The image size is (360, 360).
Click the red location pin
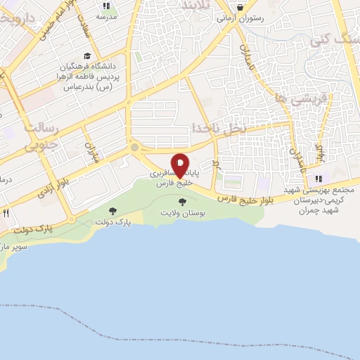(x=180, y=165)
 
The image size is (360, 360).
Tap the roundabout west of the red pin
(x=134, y=148)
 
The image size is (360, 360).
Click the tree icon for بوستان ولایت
(x=183, y=202)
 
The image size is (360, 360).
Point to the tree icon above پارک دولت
(x=112, y=210)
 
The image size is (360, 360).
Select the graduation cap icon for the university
(x=86, y=56)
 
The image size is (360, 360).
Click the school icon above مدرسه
(x=106, y=6)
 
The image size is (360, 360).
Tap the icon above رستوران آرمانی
(x=241, y=8)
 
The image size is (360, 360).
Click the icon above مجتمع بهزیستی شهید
(x=318, y=179)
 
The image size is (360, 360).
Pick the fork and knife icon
(x=6, y=212)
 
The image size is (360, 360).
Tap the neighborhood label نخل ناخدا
(x=219, y=128)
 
